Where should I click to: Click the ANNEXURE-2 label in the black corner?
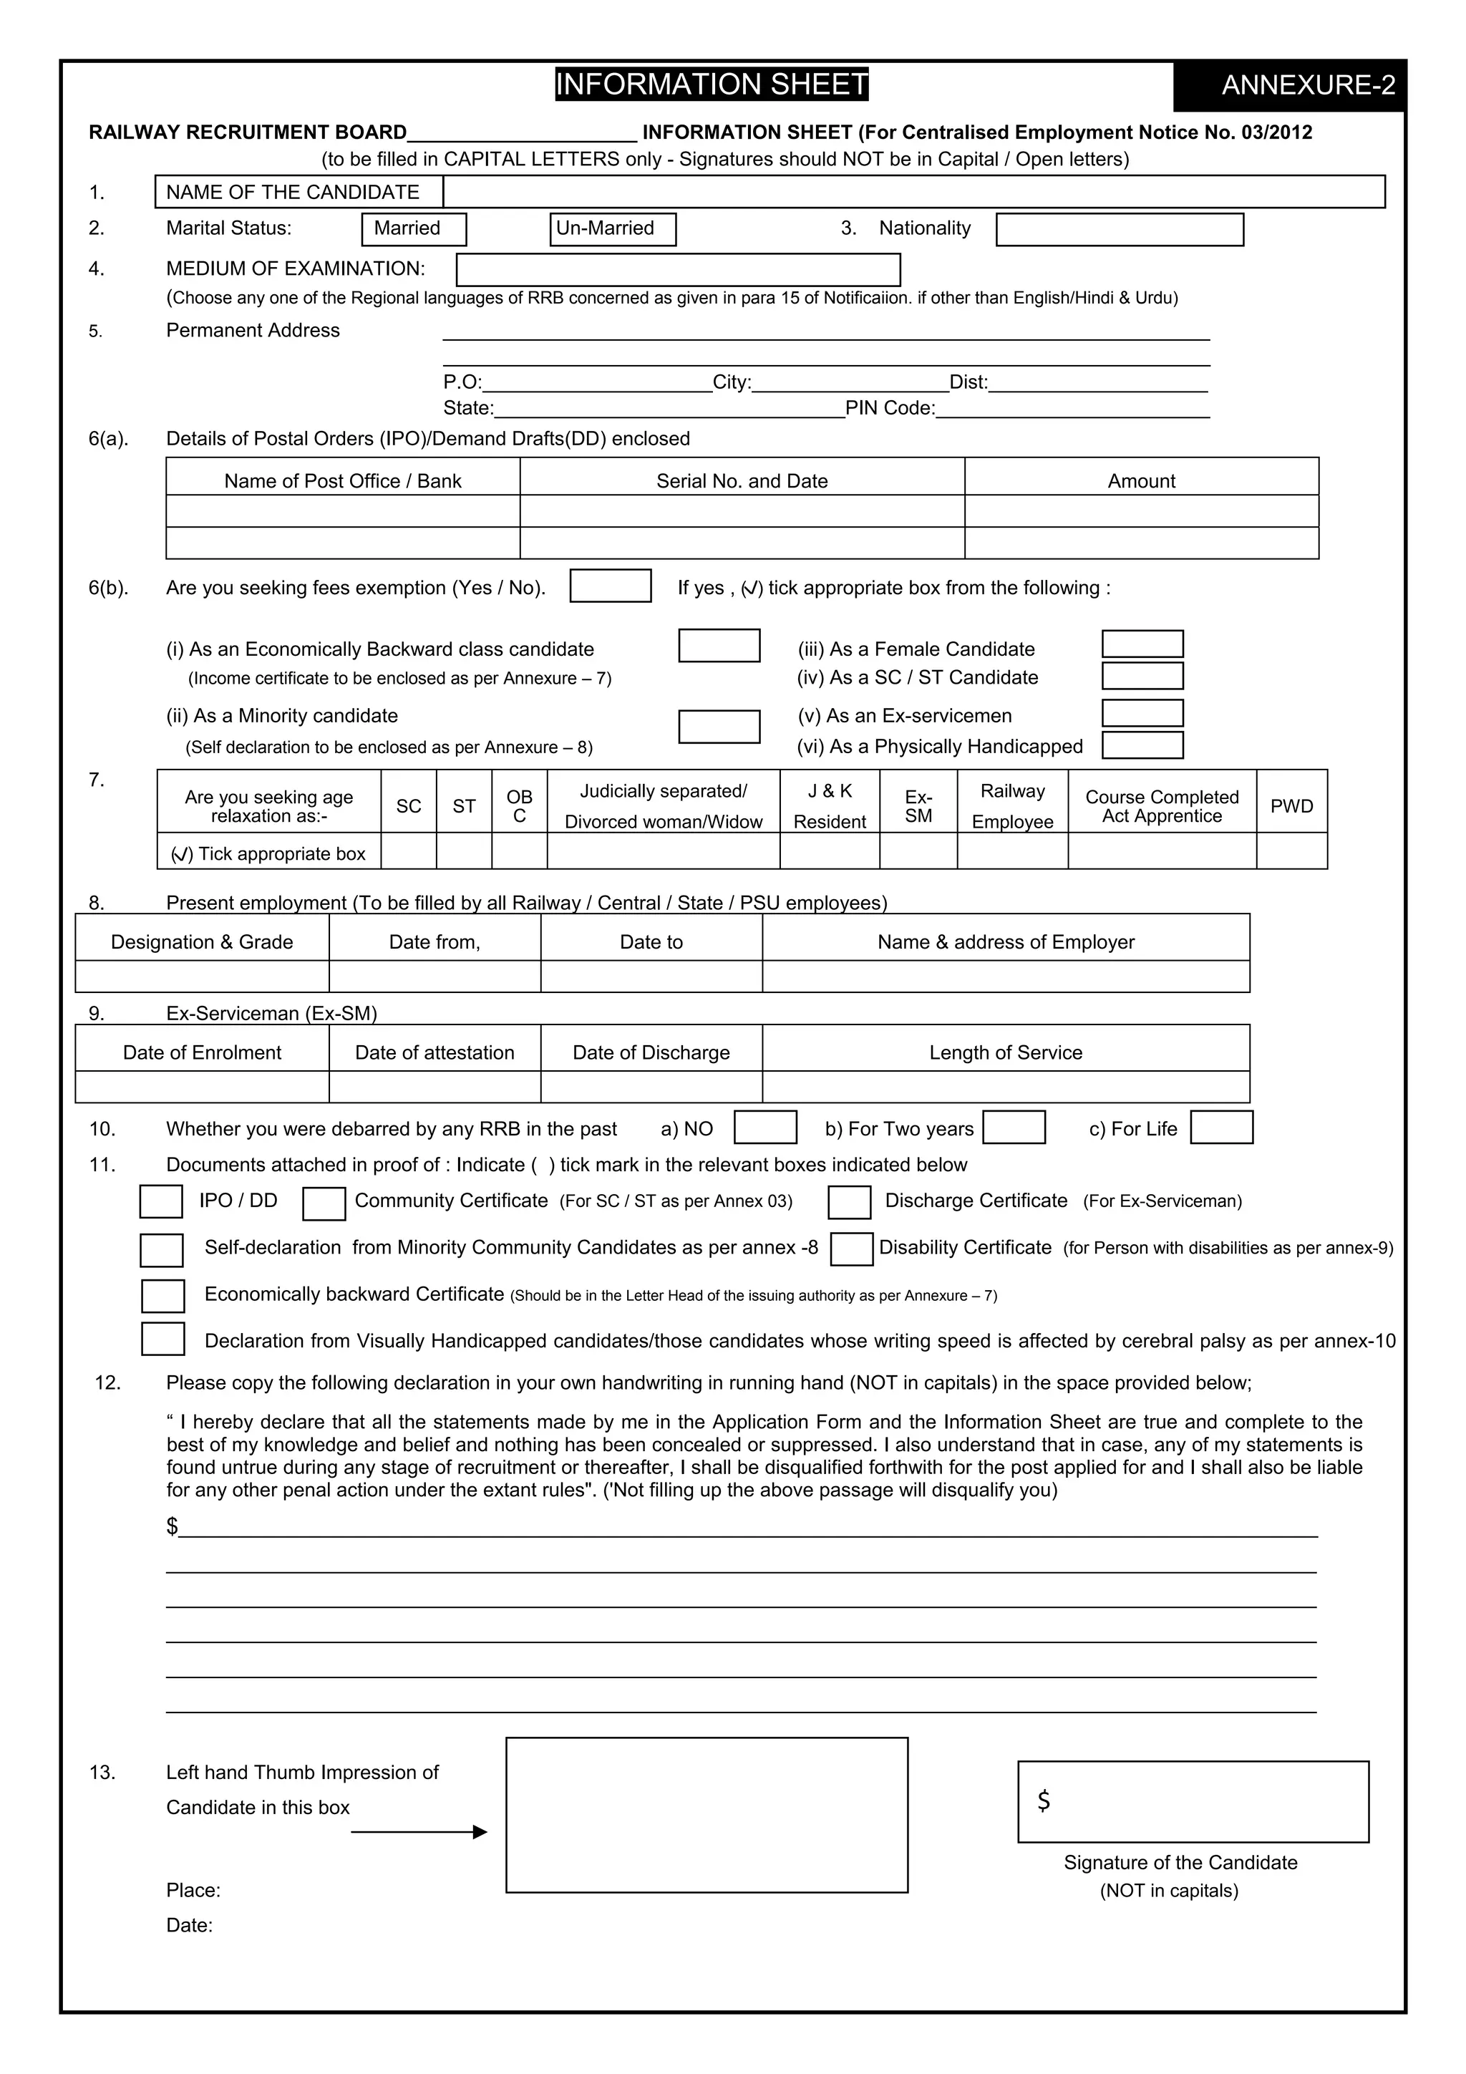pos(1307,85)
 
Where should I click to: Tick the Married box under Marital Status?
pos(414,228)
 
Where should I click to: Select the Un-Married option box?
pos(613,228)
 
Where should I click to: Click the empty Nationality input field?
pos(1119,229)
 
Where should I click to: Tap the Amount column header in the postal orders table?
pos(1141,480)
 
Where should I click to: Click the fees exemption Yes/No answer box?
pos(610,586)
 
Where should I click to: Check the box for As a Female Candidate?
pos(1142,644)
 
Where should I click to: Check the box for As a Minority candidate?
pos(718,726)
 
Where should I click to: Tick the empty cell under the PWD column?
pos(1291,851)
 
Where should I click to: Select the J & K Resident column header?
pos(829,805)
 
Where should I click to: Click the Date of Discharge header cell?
pos(651,1052)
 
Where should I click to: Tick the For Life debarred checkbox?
pos(1220,1128)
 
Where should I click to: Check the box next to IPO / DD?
pos(161,1201)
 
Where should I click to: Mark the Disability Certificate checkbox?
pos(851,1249)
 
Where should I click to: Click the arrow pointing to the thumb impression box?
pos(419,1831)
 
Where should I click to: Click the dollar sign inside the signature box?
pos(1043,1801)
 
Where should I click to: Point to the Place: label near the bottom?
pos(193,1890)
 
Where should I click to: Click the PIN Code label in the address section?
pos(890,408)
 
